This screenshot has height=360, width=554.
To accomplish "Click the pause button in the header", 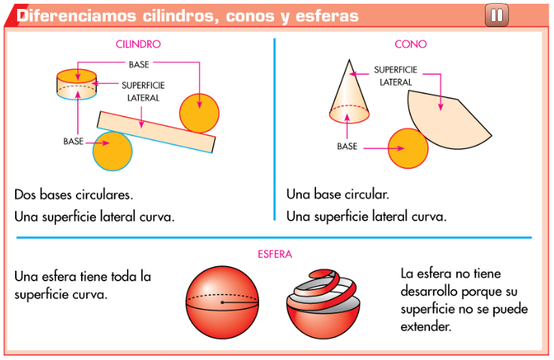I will click(x=496, y=14).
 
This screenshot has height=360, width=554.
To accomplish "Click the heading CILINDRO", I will click(x=138, y=44).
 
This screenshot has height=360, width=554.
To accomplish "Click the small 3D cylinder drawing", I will click(x=78, y=83).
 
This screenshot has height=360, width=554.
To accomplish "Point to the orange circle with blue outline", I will click(x=113, y=151).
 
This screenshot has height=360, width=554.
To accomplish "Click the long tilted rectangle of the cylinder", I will click(x=156, y=130).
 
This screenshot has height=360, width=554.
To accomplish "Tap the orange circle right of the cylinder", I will click(x=200, y=112).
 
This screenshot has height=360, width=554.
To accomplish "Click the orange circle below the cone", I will click(x=408, y=148).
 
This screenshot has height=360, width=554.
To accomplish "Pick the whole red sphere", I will click(x=222, y=303).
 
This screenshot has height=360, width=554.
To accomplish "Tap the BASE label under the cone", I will click(x=347, y=146).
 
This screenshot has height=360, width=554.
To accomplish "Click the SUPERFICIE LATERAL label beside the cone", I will click(x=395, y=76).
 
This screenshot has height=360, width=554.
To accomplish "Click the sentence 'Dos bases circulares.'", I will click(x=74, y=194).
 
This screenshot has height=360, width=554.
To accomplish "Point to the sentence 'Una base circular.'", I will click(x=337, y=194).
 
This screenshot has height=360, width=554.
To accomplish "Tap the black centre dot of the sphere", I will click(x=222, y=303).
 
